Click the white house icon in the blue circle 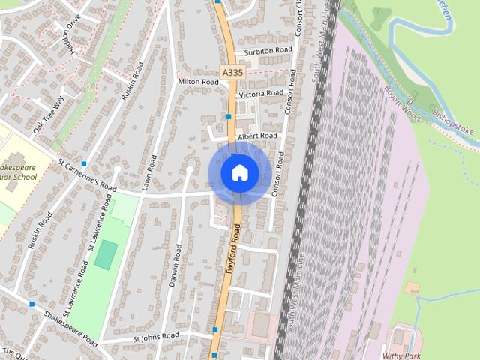[x=239, y=172]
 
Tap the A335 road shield [x=232, y=71]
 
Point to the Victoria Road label [x=260, y=94]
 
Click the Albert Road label [x=257, y=136]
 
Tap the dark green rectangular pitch [x=106, y=254]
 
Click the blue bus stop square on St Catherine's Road [x=84, y=163]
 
